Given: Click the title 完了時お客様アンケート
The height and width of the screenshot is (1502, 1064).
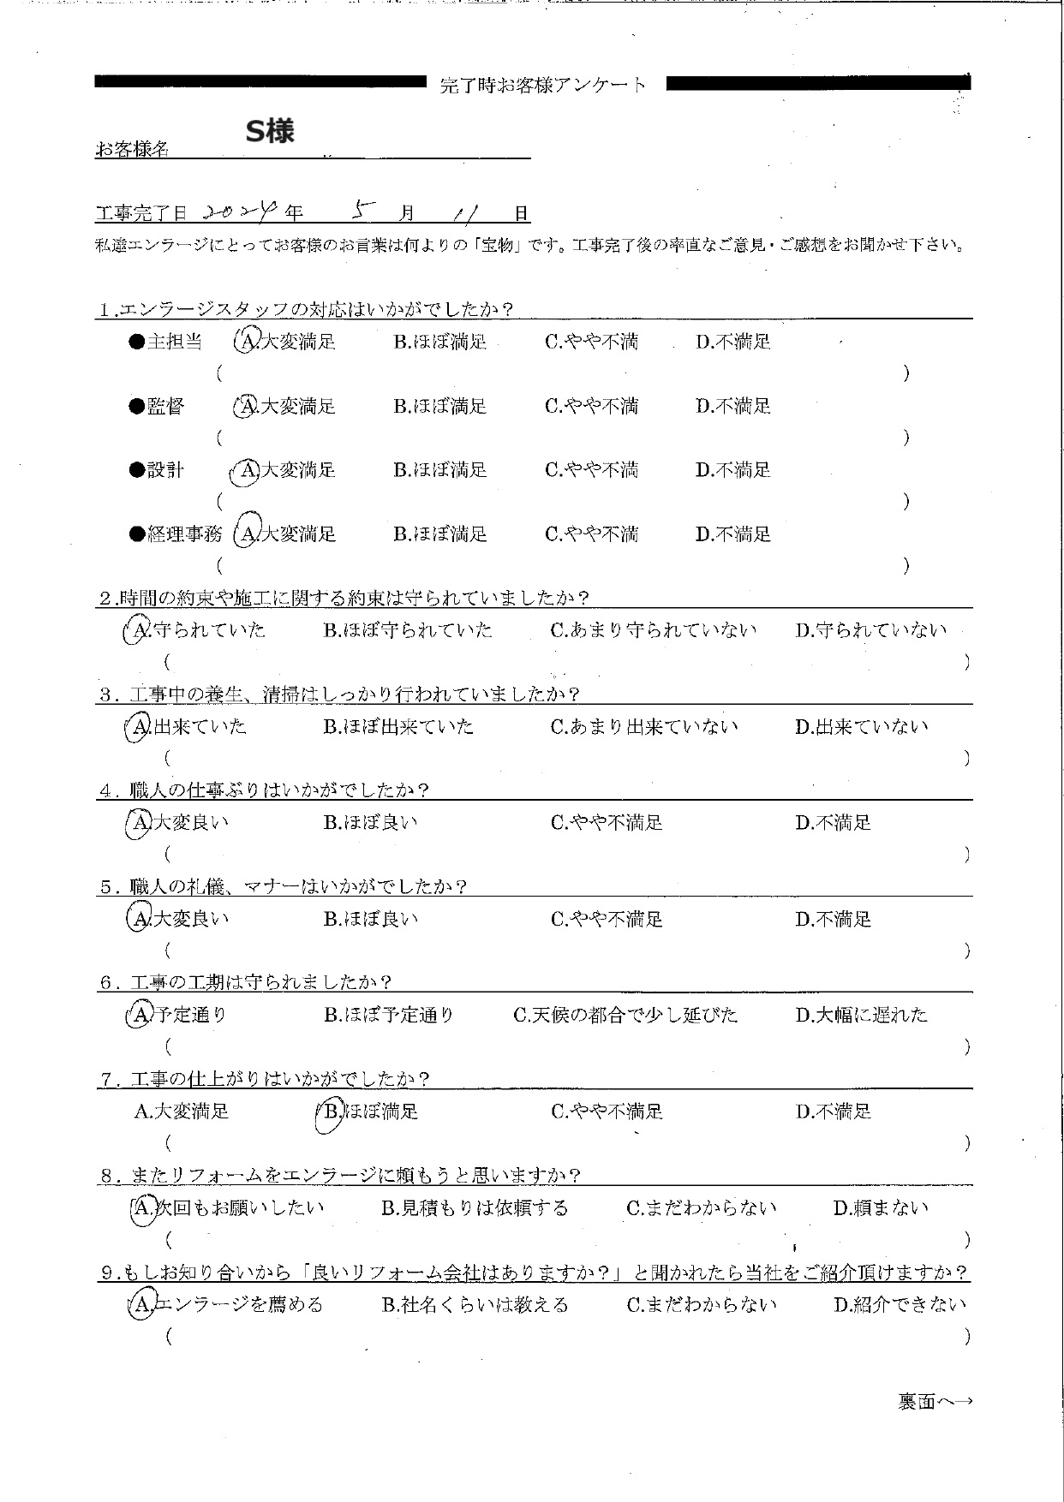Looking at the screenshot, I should click(x=543, y=85).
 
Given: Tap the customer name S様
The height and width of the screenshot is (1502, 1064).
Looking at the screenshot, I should click(x=270, y=131).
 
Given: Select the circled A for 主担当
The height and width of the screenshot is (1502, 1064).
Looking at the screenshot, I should click(x=246, y=342).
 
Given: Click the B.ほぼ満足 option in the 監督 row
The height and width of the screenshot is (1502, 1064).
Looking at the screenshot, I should click(x=440, y=407).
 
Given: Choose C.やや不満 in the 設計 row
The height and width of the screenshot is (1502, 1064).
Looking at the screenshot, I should click(x=591, y=470).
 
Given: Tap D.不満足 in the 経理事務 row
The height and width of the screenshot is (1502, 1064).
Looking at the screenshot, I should click(x=733, y=534).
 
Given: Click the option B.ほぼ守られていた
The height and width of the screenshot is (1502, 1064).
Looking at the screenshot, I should click(x=408, y=630).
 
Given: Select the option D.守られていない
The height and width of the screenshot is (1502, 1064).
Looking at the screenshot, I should click(x=870, y=630).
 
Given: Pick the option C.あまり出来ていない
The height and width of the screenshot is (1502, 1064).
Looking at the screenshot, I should click(x=643, y=727).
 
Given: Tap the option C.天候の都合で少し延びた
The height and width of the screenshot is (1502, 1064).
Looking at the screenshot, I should click(x=625, y=1016).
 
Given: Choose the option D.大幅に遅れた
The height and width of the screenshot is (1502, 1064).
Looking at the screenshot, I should click(x=861, y=1016).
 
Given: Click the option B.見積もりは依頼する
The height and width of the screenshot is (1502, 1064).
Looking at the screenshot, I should click(x=475, y=1208).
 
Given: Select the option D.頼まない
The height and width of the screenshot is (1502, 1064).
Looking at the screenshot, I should click(x=881, y=1208).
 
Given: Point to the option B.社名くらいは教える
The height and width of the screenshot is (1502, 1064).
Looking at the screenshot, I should click(x=475, y=1305).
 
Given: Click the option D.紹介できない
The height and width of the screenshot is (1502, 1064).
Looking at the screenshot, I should click(x=900, y=1305).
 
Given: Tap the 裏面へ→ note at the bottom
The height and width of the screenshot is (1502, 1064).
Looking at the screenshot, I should click(x=935, y=1402).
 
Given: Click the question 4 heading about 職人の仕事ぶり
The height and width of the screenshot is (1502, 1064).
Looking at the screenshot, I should click(x=266, y=790).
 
